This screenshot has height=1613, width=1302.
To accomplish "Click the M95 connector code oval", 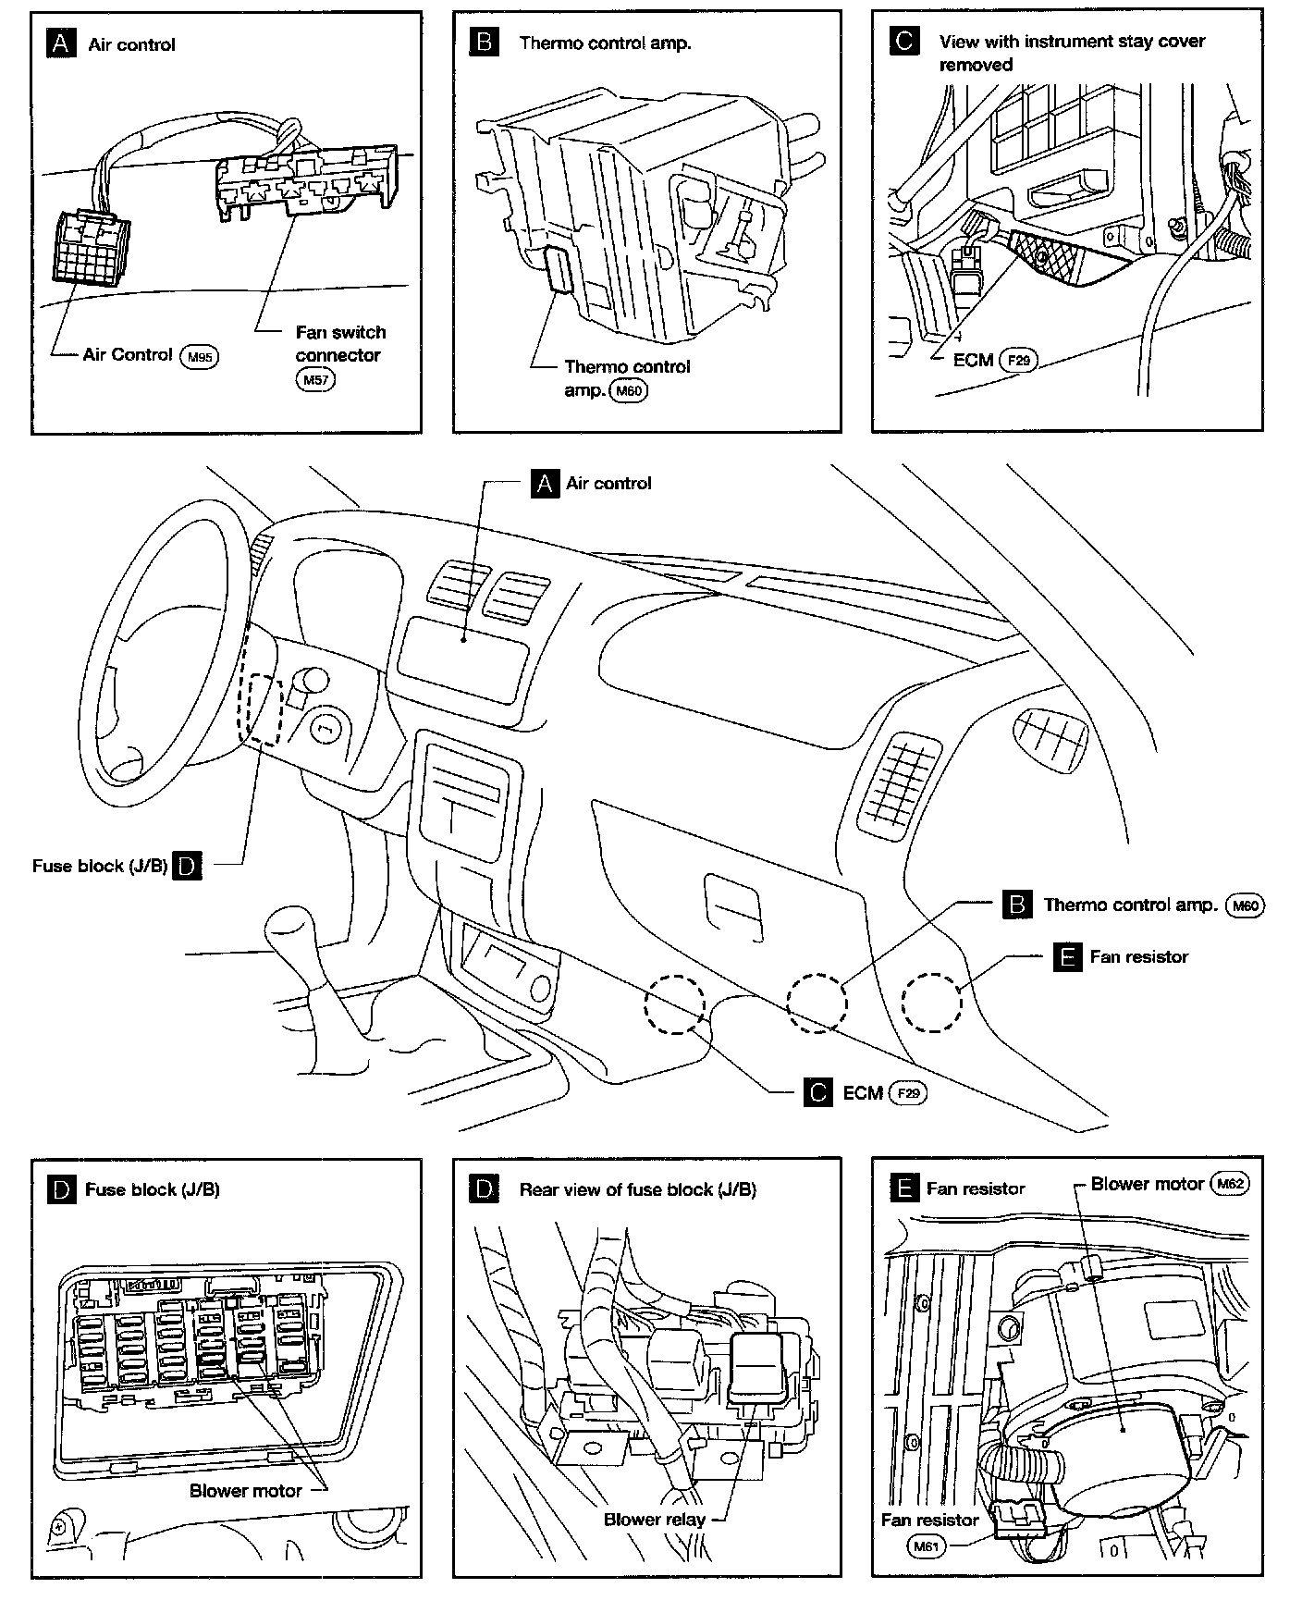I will [200, 356].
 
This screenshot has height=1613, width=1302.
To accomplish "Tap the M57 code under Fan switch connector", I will [314, 379].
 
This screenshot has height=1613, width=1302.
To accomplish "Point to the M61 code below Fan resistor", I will [927, 1545].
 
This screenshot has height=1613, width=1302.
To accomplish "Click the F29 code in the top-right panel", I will [1018, 360].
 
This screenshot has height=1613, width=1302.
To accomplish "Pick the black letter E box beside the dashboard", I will [1067, 957].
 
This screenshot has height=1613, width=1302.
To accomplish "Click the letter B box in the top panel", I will [485, 43].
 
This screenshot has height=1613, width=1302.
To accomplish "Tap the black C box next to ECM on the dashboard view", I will [818, 1093].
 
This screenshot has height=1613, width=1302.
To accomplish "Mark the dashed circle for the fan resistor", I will [931, 1002].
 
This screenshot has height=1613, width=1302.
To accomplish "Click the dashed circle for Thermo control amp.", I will [816, 1002].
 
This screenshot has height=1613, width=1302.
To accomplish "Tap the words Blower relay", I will [654, 1520].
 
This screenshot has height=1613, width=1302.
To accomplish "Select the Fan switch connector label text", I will [339, 343].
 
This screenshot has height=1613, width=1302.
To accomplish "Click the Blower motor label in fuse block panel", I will [245, 1491].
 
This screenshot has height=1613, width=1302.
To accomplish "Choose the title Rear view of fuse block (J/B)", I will [637, 1189].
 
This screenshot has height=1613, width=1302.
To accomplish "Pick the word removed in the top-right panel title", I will [976, 65].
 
